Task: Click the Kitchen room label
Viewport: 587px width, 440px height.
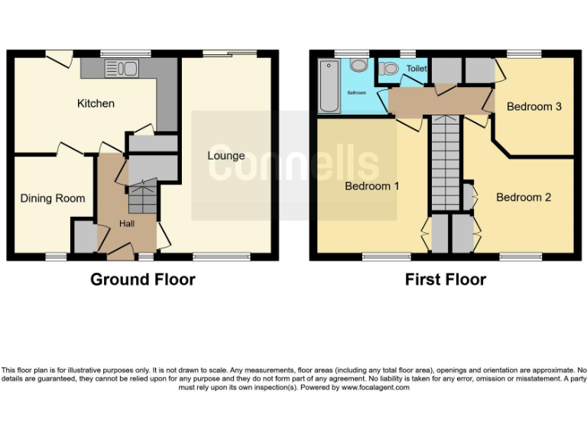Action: coord(96,103)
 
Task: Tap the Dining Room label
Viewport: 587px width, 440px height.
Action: coord(53,199)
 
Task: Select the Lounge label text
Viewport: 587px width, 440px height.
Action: coord(226,156)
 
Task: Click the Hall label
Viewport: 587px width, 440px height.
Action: coord(127,224)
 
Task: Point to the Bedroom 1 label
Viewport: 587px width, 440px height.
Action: coord(371,186)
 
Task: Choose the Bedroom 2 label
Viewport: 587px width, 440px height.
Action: coord(524,198)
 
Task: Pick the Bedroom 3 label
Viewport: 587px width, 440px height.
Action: coord(534,107)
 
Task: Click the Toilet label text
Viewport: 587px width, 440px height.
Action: coord(417,69)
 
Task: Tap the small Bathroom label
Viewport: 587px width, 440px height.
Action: coord(357,92)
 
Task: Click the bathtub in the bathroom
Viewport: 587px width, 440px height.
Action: coord(329,86)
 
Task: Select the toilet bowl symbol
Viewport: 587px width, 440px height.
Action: coord(389,70)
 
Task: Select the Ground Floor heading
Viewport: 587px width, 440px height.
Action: coord(143,280)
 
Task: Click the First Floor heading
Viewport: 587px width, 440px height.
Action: coord(445,280)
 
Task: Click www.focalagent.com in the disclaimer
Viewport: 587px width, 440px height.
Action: coord(375,387)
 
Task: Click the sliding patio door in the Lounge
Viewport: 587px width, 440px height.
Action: coord(229,53)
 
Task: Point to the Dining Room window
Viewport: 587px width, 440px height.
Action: coord(55,257)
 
